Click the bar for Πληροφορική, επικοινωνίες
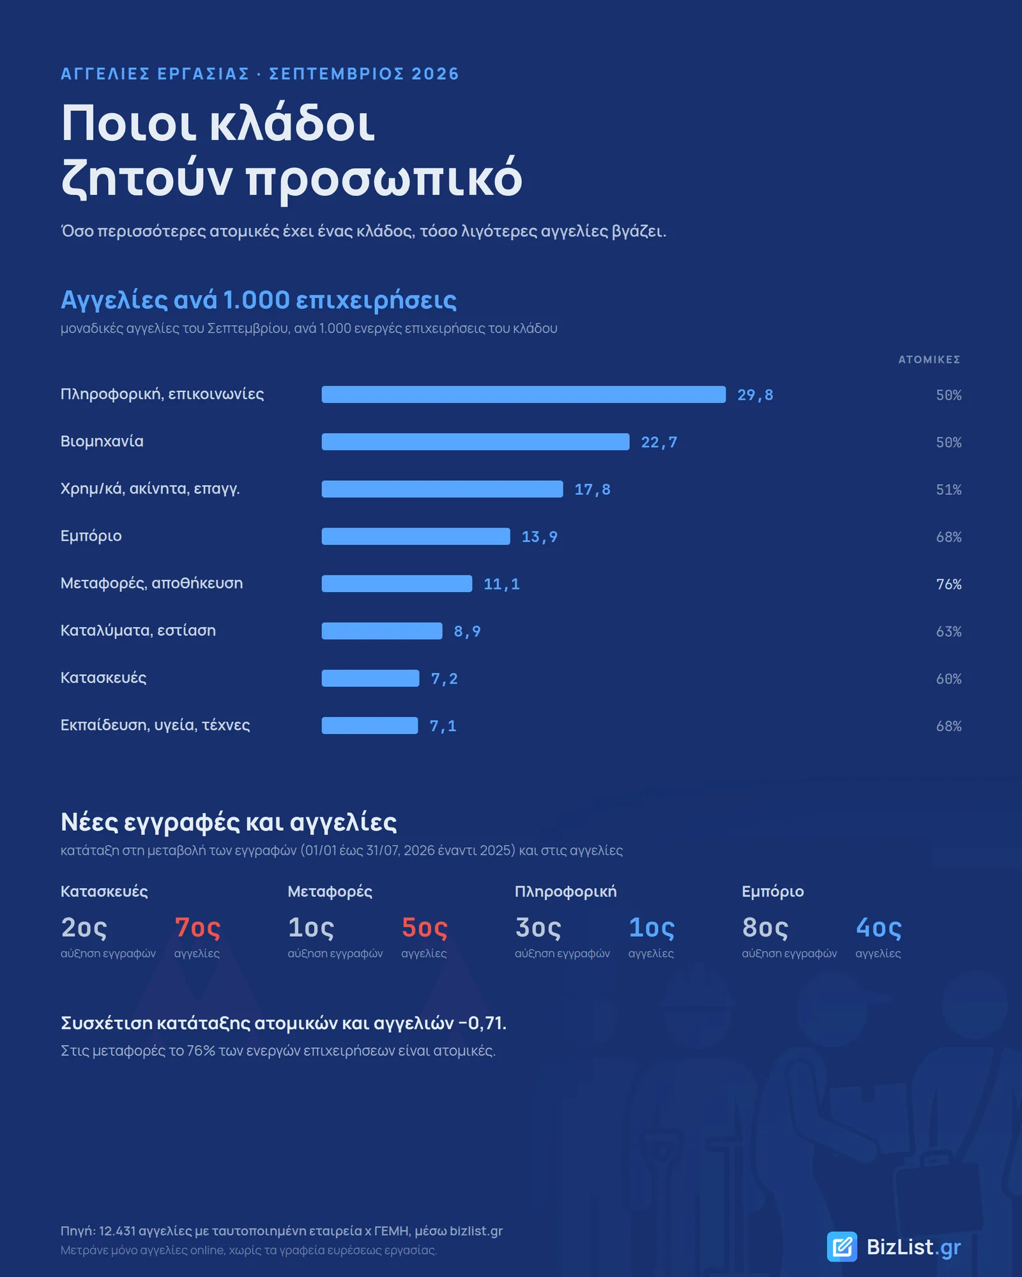[x=524, y=395]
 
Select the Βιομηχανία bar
[x=476, y=442]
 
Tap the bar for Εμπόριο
[x=416, y=536]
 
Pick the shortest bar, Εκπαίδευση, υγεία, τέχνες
[x=370, y=725]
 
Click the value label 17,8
[x=593, y=490]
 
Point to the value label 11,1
[x=502, y=584]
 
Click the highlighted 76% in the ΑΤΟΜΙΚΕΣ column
[x=949, y=584]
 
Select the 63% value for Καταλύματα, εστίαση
[x=949, y=631]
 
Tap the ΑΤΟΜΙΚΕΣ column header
[x=929, y=359]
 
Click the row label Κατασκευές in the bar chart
[x=103, y=677]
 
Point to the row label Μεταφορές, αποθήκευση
[x=152, y=583]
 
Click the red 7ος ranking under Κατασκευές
[x=198, y=928]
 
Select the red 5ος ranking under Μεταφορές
[x=425, y=928]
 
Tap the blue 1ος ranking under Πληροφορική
[x=652, y=928]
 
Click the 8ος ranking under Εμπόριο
[x=765, y=928]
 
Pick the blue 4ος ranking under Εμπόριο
[x=879, y=928]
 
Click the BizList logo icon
[x=843, y=1246]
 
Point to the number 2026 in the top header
[x=435, y=74]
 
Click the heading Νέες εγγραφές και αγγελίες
[x=229, y=822]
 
